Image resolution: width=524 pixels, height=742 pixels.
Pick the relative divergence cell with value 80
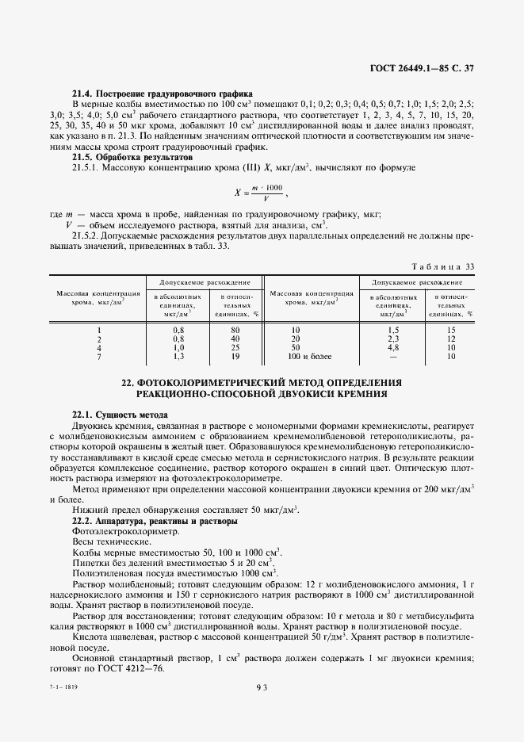click(x=235, y=329)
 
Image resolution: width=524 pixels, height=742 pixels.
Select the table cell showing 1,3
click(x=178, y=355)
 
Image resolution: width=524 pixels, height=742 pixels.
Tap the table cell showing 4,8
click(x=392, y=346)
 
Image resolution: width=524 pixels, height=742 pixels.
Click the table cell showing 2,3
click(x=392, y=338)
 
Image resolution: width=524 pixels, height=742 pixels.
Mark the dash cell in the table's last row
click(x=392, y=355)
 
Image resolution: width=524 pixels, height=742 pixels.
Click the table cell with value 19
click(x=235, y=355)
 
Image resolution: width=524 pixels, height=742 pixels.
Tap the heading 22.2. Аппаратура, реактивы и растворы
click(x=155, y=522)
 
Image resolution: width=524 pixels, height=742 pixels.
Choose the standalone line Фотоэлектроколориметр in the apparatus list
click(x=116, y=532)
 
